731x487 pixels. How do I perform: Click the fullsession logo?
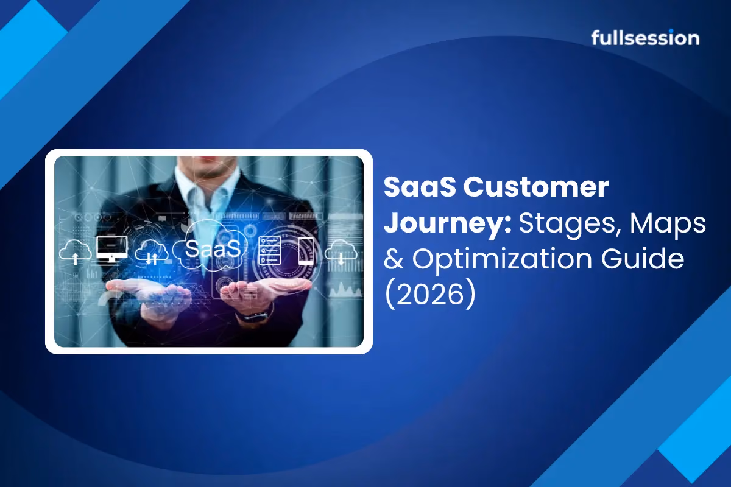pos(645,38)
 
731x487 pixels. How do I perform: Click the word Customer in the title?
pos(536,187)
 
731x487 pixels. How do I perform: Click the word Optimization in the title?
pos(502,259)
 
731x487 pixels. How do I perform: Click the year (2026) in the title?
pos(430,293)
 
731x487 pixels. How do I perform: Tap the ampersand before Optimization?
pos(394,258)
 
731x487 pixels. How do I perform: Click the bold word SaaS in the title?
pos(420,187)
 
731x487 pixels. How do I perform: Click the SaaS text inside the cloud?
pos(213,249)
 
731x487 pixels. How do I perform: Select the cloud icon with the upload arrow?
pos(75,252)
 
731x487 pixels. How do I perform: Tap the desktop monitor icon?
pos(111,249)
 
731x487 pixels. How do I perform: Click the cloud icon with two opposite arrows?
pos(152,252)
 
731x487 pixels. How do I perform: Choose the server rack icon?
pos(269,251)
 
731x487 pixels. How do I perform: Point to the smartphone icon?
pos(306,251)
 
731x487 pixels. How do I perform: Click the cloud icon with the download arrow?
pos(341,252)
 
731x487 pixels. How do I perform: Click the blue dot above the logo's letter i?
pos(677,31)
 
